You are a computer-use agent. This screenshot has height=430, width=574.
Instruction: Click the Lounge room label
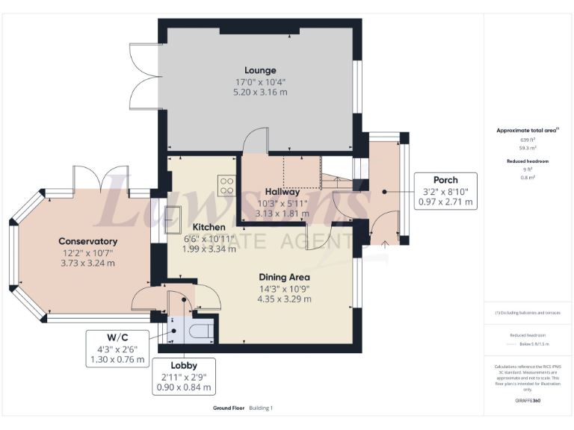coord(260,70)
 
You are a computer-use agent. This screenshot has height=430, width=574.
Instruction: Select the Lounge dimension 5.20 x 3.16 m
coord(260,92)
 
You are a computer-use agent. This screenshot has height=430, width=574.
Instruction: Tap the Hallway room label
coord(278,192)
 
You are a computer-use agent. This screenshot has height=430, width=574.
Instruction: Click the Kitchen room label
coord(209,227)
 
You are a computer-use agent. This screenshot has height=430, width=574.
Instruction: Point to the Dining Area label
coord(284,277)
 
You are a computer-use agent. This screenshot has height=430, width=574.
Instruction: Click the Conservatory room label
coord(88,241)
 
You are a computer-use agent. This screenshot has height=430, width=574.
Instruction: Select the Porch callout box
coord(445,191)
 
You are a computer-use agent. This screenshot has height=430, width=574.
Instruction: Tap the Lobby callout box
coord(184,377)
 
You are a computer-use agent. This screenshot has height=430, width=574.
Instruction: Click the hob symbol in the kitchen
coord(226,184)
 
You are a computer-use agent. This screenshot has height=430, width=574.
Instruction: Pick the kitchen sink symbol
coord(174,219)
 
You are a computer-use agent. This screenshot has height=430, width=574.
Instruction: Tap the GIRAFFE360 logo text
coord(528,401)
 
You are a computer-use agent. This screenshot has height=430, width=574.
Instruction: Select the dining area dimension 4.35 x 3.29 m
coord(284,299)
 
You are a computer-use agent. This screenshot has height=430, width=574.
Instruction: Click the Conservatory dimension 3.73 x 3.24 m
coord(88,263)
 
